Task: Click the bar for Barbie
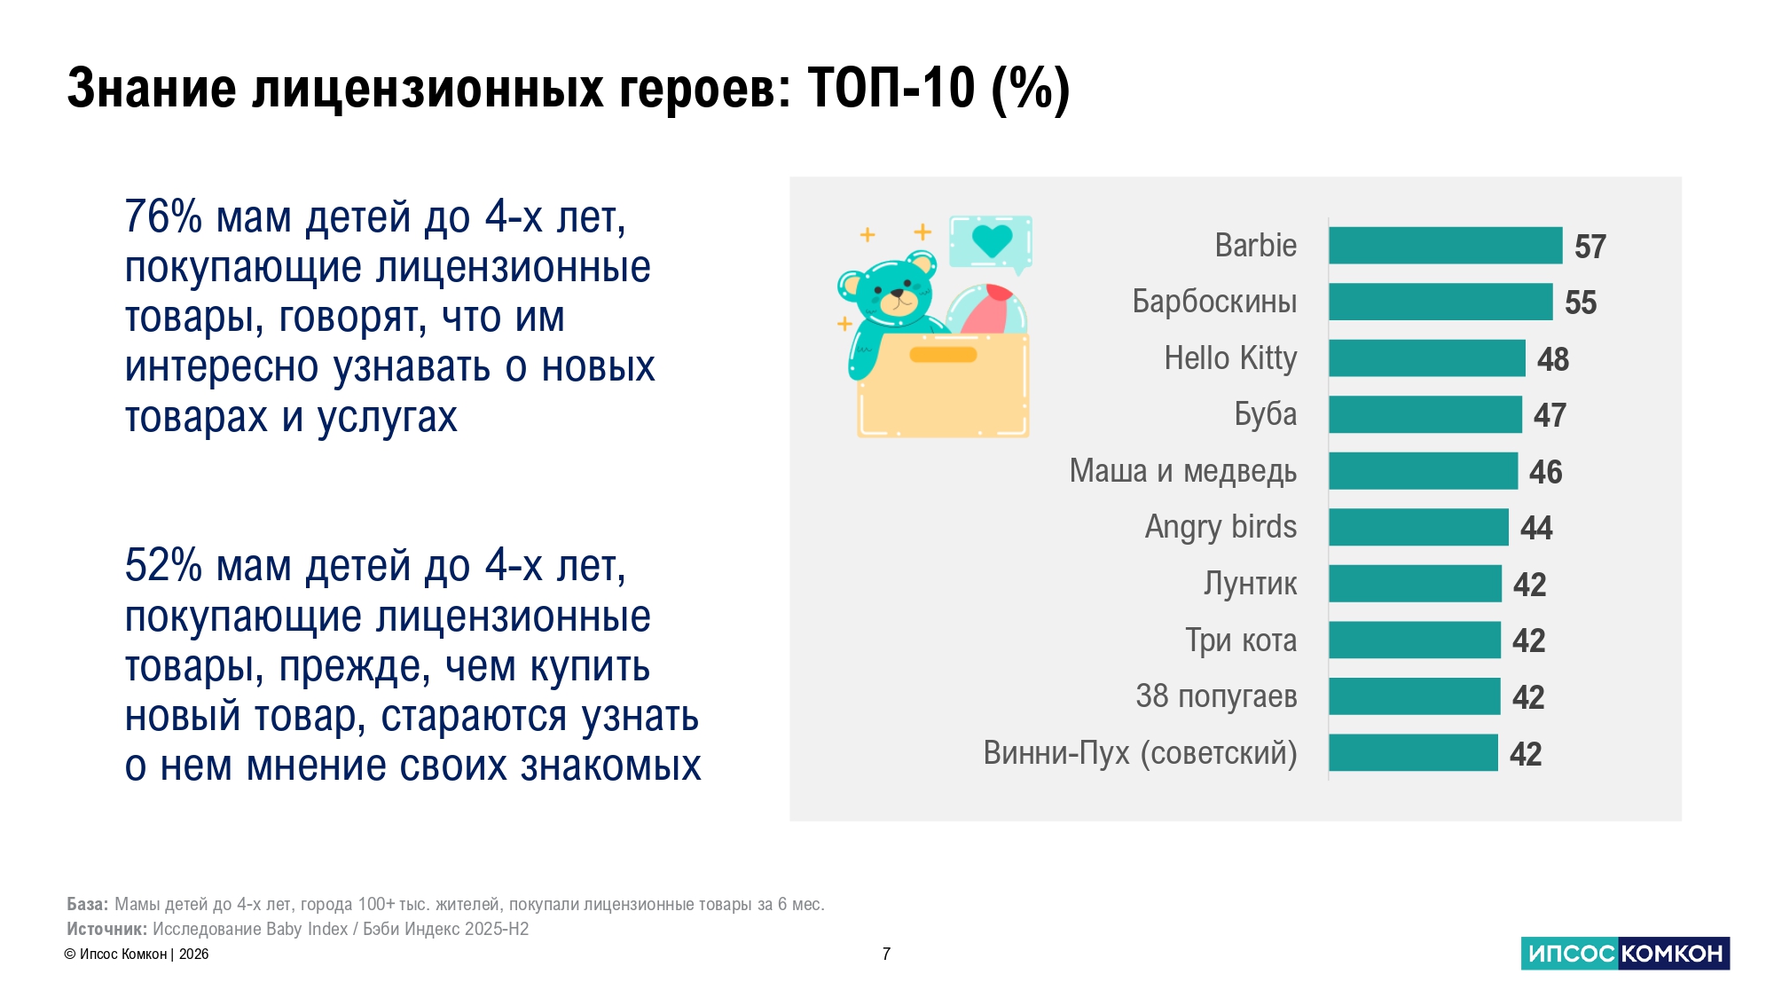(x=1445, y=246)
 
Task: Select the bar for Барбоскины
(x=1440, y=302)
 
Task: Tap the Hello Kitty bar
(x=1426, y=358)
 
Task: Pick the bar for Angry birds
(x=1418, y=527)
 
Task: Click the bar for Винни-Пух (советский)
(x=1413, y=753)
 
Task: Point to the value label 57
(x=1590, y=247)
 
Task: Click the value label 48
(x=1553, y=359)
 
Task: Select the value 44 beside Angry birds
(x=1536, y=528)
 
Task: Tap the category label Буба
(x=1265, y=414)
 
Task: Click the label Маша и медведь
(x=1183, y=471)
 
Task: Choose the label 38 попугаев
(x=1216, y=696)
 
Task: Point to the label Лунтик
(x=1250, y=584)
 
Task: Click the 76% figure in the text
(x=163, y=217)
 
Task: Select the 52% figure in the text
(x=163, y=566)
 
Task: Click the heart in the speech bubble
(x=992, y=240)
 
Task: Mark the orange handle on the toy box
(x=943, y=355)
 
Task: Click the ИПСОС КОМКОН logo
(x=1625, y=954)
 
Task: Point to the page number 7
(x=886, y=954)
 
